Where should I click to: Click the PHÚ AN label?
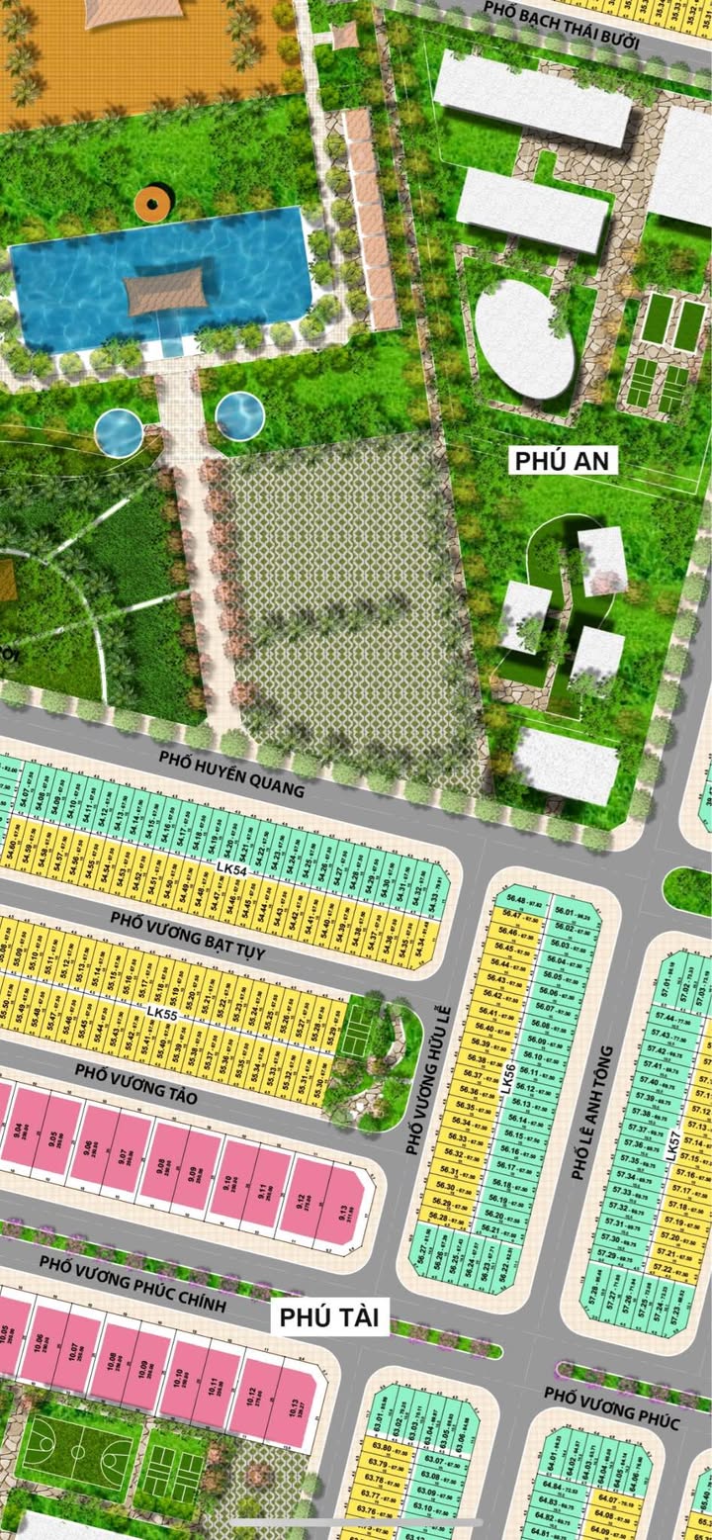pyautogui.click(x=565, y=460)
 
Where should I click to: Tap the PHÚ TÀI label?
pyautogui.click(x=330, y=1316)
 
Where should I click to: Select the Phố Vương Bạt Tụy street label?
pyautogui.click(x=188, y=935)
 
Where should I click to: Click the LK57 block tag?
pyautogui.click(x=673, y=1143)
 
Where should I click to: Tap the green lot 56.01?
pyautogui.click(x=565, y=912)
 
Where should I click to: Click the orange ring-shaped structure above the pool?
pyautogui.click(x=151, y=204)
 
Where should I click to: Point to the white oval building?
pyautogui.click(x=524, y=338)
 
